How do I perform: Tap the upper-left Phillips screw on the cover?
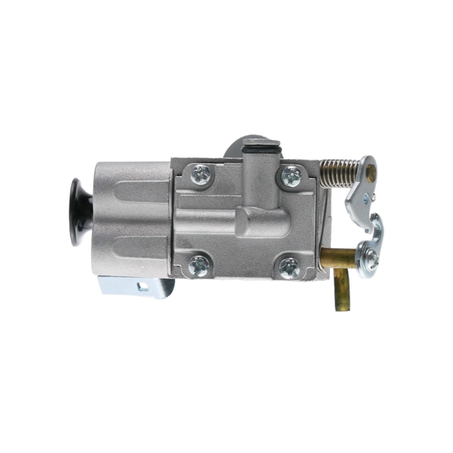tap(202, 176)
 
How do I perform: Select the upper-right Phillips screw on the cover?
tap(291, 177)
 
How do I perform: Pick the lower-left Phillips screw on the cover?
tap(199, 264)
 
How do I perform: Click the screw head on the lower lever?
tap(370, 259)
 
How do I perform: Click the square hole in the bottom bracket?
tap(141, 285)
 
